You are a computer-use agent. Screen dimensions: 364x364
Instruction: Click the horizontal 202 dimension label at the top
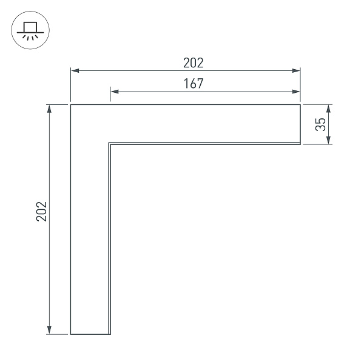pyautogui.click(x=194, y=62)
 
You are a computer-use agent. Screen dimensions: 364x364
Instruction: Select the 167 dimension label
pyautogui.click(x=194, y=84)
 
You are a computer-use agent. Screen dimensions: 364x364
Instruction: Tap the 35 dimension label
pyautogui.click(x=320, y=124)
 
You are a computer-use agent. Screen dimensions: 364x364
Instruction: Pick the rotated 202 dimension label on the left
pyautogui.click(x=42, y=212)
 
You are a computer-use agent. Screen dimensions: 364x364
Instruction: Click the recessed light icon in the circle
pyautogui.click(x=30, y=31)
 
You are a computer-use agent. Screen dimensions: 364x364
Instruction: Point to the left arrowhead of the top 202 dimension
pyautogui.click(x=75, y=70)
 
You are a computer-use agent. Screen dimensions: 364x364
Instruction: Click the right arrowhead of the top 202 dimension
pyautogui.click(x=296, y=70)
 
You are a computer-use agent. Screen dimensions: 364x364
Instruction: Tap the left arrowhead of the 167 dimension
pyautogui.click(x=115, y=92)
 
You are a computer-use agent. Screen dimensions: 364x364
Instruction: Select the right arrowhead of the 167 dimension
pyautogui.click(x=296, y=92)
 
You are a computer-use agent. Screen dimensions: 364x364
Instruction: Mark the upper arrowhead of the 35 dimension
pyautogui.click(x=328, y=109)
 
